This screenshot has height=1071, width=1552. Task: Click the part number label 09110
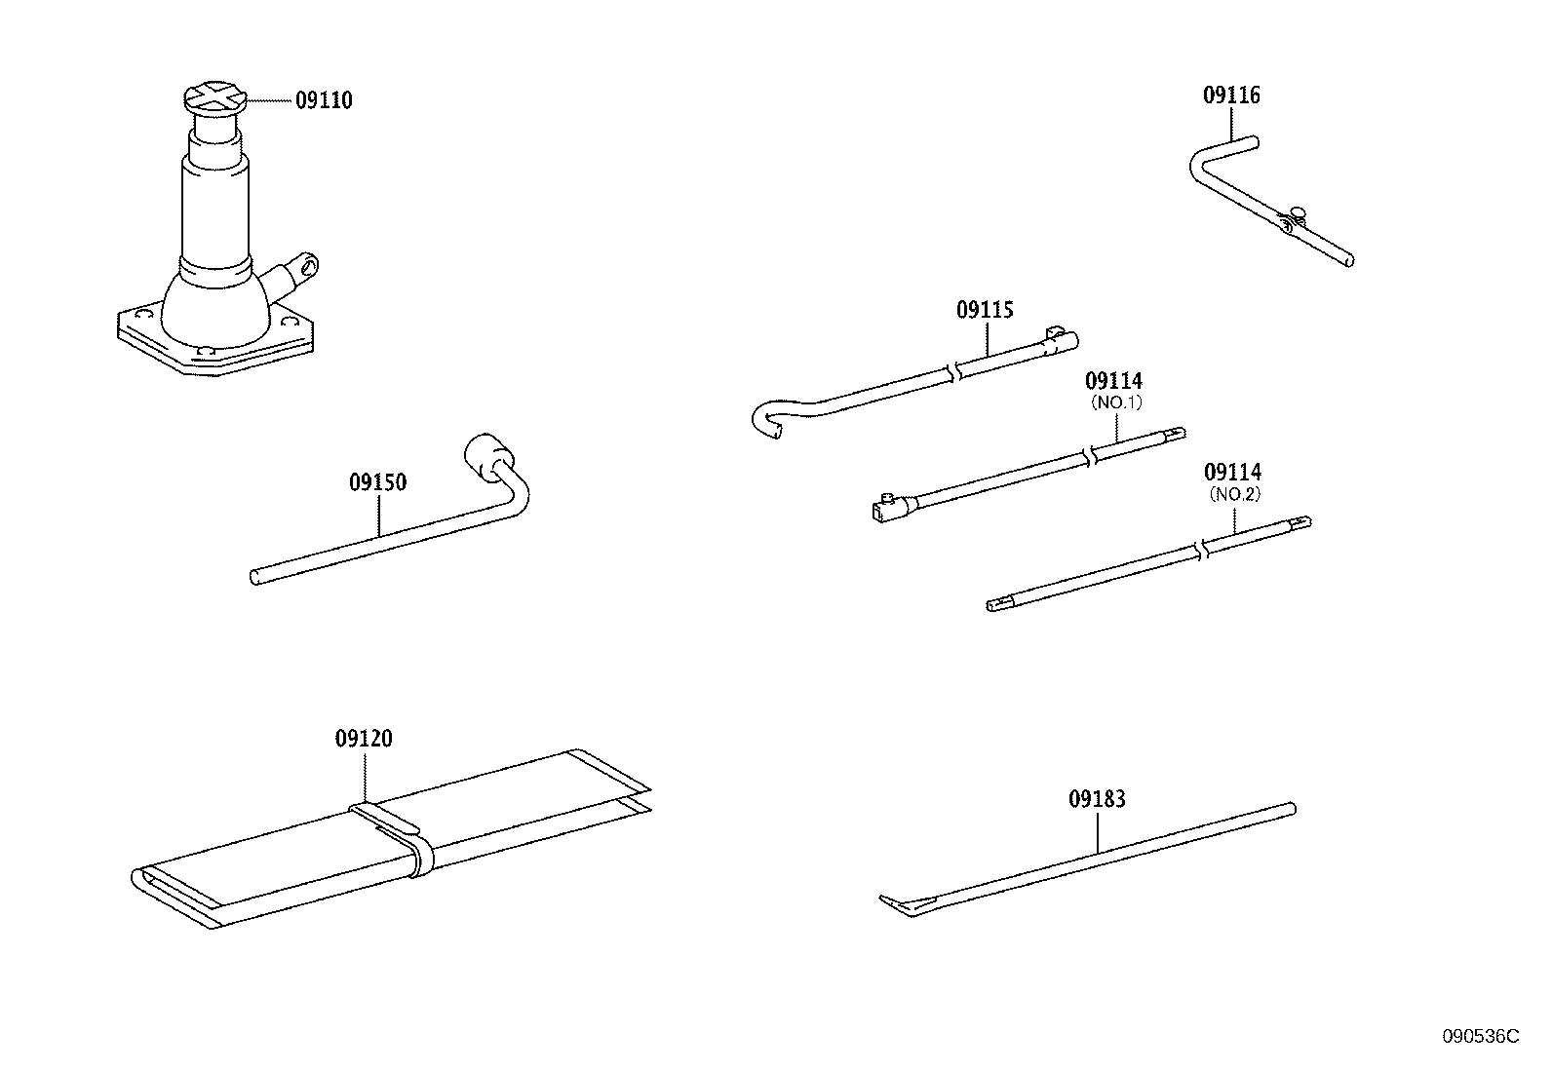(324, 100)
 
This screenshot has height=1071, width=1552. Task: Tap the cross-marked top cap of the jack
(213, 98)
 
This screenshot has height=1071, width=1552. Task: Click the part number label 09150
(377, 482)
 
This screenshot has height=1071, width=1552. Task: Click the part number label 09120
(364, 739)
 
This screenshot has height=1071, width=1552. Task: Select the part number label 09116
(1231, 96)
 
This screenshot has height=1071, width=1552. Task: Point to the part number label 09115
(985, 310)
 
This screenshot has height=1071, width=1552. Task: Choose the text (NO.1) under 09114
(1114, 402)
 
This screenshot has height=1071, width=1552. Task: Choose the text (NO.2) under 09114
(1235, 494)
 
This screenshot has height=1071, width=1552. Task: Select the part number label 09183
(1097, 799)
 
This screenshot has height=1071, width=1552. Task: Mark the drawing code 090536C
(1480, 1036)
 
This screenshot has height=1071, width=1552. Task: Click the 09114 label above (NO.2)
(1232, 473)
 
